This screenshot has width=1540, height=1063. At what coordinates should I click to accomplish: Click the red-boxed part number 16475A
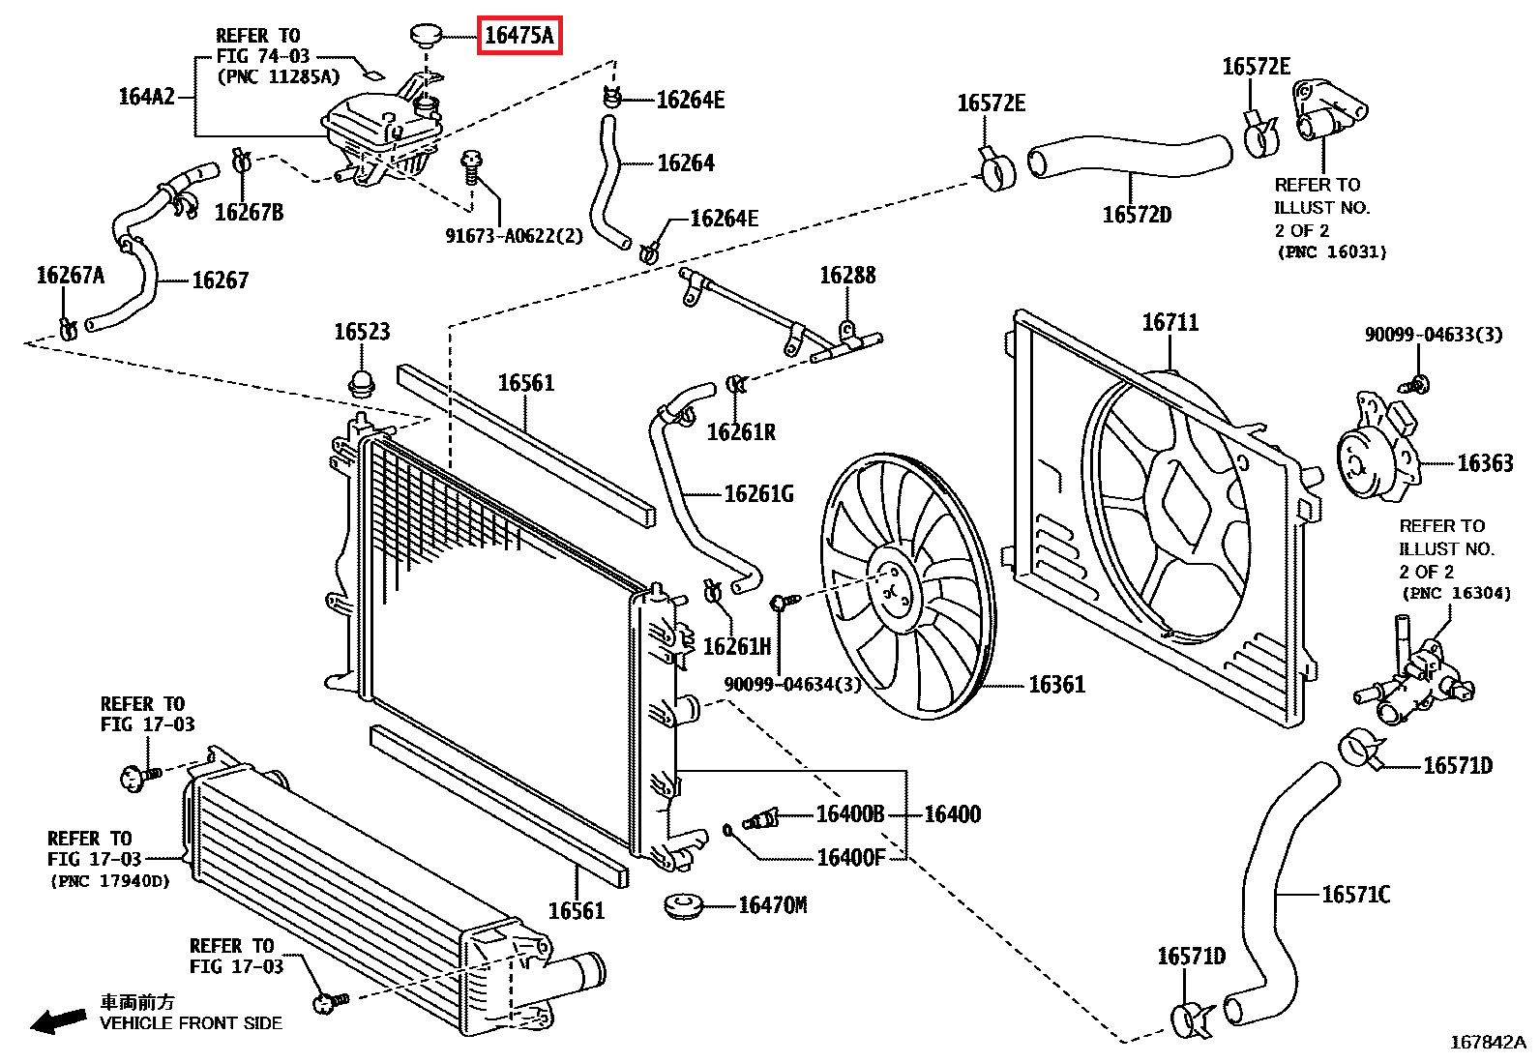(519, 35)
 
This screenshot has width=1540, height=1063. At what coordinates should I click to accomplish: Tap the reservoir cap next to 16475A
(427, 35)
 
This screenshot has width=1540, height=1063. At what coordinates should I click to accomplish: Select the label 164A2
(146, 97)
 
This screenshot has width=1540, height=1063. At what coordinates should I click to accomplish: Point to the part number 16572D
(1138, 216)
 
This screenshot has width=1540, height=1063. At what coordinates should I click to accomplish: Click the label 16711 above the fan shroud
(1170, 322)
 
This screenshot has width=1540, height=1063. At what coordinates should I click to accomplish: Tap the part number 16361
(1056, 685)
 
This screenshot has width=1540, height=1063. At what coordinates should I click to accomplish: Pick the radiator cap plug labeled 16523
(363, 383)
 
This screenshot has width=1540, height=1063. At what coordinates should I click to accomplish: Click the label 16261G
(759, 493)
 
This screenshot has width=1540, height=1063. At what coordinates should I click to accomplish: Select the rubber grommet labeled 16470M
(683, 905)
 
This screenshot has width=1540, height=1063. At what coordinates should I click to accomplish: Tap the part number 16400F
(851, 858)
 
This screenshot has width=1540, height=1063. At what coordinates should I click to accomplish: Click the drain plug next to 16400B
(760, 819)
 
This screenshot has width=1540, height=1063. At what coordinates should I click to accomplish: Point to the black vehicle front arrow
(58, 1020)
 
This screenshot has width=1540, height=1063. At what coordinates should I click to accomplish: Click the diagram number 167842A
(1488, 1043)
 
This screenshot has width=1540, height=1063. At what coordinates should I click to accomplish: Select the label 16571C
(1356, 895)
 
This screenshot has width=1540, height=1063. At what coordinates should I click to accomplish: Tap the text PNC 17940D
(110, 881)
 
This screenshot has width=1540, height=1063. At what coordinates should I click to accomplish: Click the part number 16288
(847, 276)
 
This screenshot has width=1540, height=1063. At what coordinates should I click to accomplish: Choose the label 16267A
(70, 276)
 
